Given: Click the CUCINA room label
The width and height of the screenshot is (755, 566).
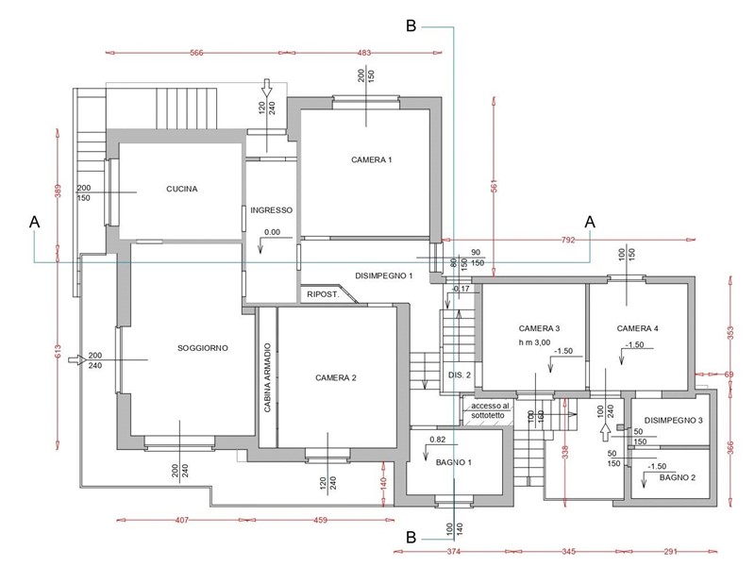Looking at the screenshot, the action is point(181,190).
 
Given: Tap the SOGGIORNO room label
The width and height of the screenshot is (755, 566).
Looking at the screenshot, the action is point(203,348).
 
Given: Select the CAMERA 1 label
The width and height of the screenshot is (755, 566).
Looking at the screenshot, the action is point(371,159).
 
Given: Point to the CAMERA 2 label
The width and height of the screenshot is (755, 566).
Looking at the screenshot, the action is point(336,378).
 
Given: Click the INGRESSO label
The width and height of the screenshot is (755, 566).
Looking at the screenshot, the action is point(271,210).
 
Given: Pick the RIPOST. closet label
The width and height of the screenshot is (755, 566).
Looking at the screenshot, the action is point(323,294).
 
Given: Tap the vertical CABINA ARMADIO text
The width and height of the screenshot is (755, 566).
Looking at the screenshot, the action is point(268,377).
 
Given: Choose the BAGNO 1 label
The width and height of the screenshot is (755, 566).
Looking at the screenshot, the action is point(454,462).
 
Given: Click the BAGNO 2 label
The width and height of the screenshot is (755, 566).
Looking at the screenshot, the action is point(678,477).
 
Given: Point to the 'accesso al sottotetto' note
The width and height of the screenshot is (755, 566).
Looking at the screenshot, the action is point(489,410).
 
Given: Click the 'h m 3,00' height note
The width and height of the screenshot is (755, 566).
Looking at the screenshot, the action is point(534,342).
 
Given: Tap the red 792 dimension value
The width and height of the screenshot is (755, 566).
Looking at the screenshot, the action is point(568,240).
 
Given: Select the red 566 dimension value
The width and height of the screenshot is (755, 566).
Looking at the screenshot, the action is point(196,53).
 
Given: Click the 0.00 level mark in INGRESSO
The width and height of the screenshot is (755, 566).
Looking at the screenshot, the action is point(272,232).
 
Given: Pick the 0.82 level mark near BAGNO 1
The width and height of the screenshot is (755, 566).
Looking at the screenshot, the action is point(437,440).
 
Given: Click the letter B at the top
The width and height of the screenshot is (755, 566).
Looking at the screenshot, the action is point(411,25).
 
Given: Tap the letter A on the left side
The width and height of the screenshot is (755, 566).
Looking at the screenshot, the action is point(35,222).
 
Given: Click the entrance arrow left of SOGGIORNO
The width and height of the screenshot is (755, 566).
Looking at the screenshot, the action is point(77,359).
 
